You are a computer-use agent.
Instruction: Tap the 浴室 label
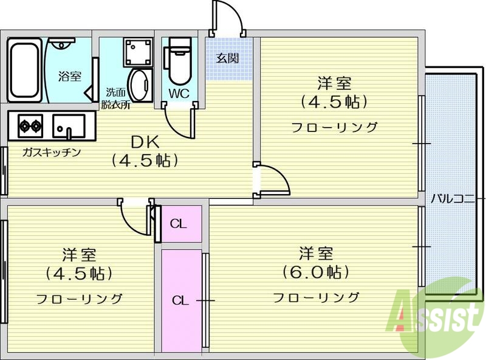click(70, 76)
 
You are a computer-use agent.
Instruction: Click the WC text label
click(179, 93)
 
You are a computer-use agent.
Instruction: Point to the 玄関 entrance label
click(228, 58)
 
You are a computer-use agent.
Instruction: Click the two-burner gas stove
click(29, 126)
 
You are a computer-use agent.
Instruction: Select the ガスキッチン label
click(52, 152)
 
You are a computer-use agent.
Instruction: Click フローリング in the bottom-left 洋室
click(79, 299)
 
